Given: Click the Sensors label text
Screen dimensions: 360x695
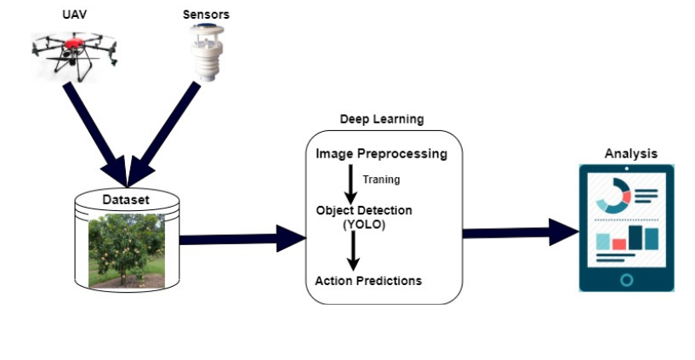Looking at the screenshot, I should pos(205,15).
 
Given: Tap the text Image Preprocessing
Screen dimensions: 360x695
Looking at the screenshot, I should pos(381,154).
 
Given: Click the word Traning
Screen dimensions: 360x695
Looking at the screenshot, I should pos(380,180).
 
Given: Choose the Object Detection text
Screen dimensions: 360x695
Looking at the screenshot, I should pos(363,210).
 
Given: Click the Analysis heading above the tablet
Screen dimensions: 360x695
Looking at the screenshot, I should pos(630,153).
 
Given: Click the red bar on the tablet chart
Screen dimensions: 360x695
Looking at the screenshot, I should pos(619,243).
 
